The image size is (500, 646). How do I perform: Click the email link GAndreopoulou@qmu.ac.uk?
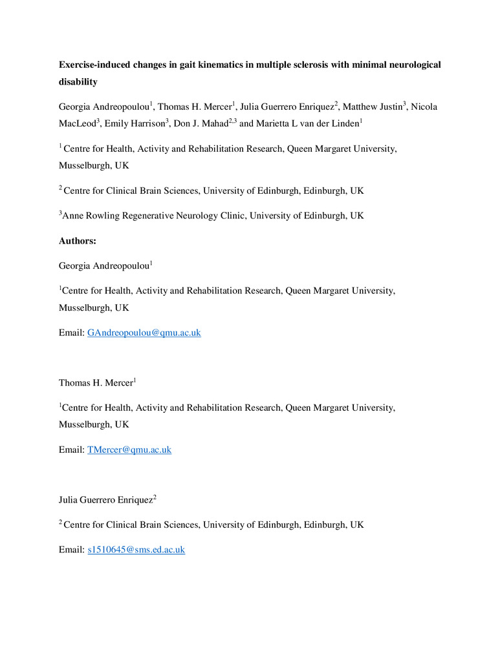point(144,333)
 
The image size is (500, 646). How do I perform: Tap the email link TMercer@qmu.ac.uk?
point(129,449)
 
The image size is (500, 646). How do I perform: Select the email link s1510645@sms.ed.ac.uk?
point(136,550)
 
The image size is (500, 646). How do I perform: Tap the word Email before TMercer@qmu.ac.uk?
point(71,449)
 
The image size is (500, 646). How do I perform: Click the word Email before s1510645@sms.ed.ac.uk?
point(71,550)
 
